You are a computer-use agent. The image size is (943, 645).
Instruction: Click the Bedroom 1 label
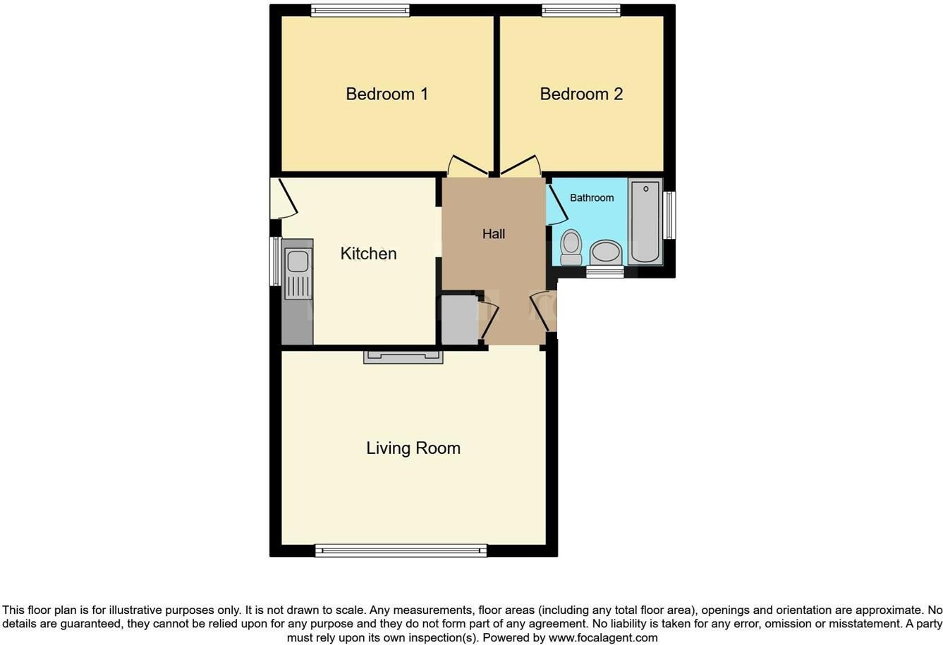coord(387,94)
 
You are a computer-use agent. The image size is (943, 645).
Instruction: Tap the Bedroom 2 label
coord(581,94)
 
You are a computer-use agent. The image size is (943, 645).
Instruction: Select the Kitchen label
coord(368,254)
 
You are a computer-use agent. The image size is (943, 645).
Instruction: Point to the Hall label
coord(494,233)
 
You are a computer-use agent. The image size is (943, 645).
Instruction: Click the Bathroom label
coord(592,198)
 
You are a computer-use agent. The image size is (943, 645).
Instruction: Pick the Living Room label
coord(413,448)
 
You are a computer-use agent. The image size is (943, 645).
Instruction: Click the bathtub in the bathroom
coord(645,222)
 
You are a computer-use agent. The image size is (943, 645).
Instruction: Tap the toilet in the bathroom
coord(571,247)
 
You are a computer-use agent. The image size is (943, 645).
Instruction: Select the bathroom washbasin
coord(606,252)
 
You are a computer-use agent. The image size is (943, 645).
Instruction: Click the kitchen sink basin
coord(297,260)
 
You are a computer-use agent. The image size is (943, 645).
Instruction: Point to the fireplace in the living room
coord(403,357)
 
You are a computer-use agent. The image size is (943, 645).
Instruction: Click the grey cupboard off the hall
coord(460,320)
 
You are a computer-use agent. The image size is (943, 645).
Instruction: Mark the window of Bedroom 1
coord(360,11)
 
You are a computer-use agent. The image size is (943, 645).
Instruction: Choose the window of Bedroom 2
coord(581,11)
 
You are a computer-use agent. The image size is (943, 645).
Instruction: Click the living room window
coord(401,551)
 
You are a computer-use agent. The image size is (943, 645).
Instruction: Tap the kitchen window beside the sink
coord(275,262)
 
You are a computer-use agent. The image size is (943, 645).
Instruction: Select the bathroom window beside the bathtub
coord(669,216)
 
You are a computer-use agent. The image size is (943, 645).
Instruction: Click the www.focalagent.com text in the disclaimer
coord(603,638)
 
